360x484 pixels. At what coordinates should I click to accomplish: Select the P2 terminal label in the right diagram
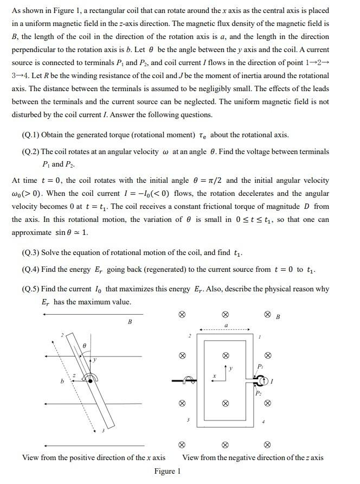click(259, 393)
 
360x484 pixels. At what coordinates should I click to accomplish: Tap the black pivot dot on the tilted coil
click(89, 382)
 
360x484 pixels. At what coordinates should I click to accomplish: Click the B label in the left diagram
click(130, 322)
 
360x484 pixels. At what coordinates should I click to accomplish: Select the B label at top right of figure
click(278, 316)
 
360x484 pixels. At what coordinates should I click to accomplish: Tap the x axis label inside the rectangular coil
click(215, 375)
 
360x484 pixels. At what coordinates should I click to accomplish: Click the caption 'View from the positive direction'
click(94, 457)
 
